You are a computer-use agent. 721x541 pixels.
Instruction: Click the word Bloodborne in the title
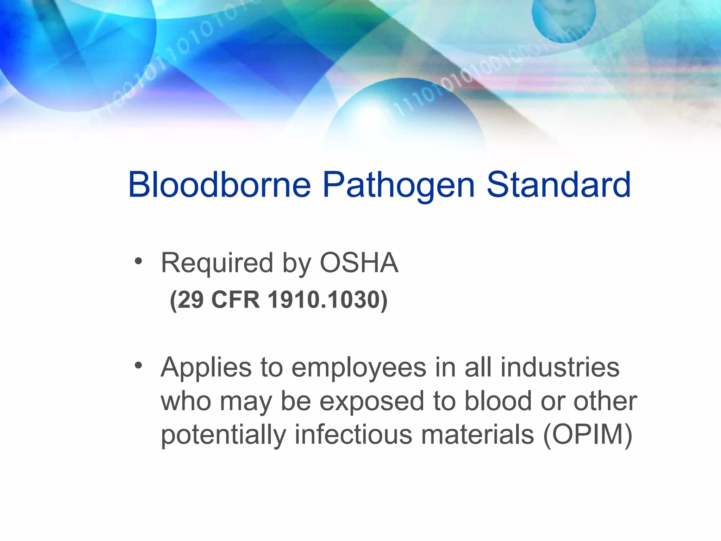tap(219, 185)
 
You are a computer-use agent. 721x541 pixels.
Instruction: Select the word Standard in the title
tap(559, 185)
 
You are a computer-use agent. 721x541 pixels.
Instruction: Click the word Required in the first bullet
tap(217, 263)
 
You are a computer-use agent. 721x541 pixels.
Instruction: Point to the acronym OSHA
tap(359, 263)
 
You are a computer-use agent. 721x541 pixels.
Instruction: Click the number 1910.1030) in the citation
tap(327, 300)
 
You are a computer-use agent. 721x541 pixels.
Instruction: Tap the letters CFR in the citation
tap(236, 300)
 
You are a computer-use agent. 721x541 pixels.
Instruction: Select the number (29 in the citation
tap(187, 300)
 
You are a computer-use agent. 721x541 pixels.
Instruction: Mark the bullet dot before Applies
tap(138, 366)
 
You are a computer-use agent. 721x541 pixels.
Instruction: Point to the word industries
tap(560, 367)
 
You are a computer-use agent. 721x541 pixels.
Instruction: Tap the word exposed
tap(372, 402)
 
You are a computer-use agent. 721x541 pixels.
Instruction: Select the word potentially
tap(223, 435)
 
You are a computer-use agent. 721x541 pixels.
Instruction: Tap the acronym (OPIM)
tap(588, 435)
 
